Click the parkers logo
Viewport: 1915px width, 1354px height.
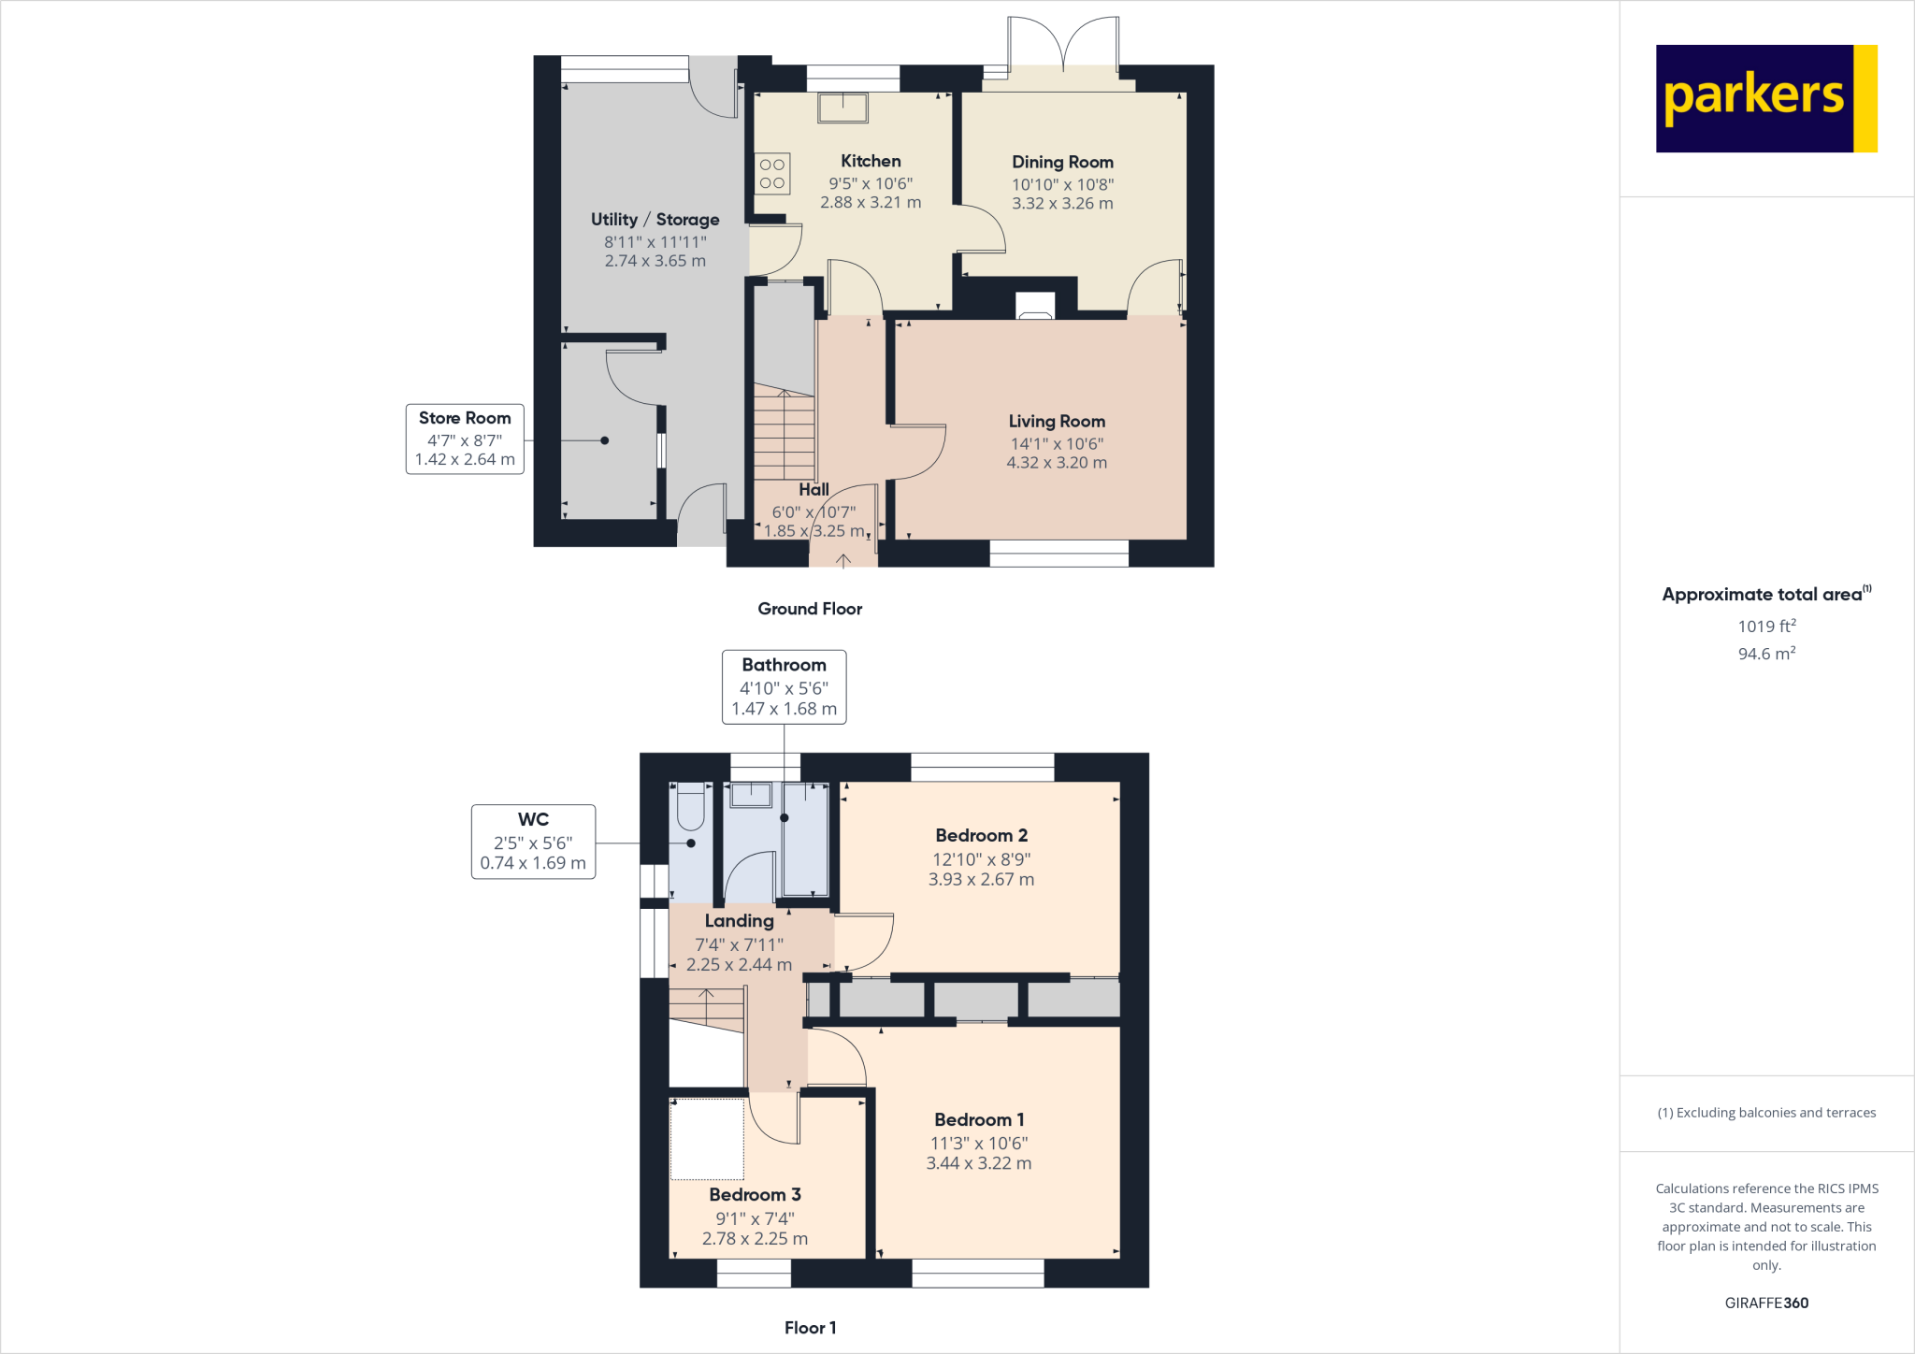point(1765,98)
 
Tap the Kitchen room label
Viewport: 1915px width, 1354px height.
point(871,161)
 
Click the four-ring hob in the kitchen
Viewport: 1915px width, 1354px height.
point(772,174)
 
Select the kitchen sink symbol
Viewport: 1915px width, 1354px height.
point(842,108)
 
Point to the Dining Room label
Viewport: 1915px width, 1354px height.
point(1062,162)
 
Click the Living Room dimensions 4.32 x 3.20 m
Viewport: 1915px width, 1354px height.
point(1057,463)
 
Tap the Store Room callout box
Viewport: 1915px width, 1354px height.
point(465,439)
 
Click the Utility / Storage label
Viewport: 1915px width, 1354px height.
point(655,220)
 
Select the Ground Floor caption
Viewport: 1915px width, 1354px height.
point(810,609)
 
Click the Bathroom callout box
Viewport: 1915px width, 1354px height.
point(784,687)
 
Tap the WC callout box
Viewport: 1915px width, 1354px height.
point(533,842)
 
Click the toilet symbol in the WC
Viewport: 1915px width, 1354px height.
point(690,807)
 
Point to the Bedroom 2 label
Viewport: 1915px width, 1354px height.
point(981,835)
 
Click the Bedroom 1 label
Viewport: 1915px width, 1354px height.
point(979,1119)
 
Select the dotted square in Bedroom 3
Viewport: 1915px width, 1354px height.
point(707,1138)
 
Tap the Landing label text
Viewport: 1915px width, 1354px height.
point(739,921)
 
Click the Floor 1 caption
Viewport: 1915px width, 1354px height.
point(810,1328)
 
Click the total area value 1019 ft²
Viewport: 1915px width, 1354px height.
point(1766,626)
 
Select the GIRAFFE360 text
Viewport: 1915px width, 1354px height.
point(1766,1303)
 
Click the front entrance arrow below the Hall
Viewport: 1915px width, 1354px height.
point(842,560)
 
